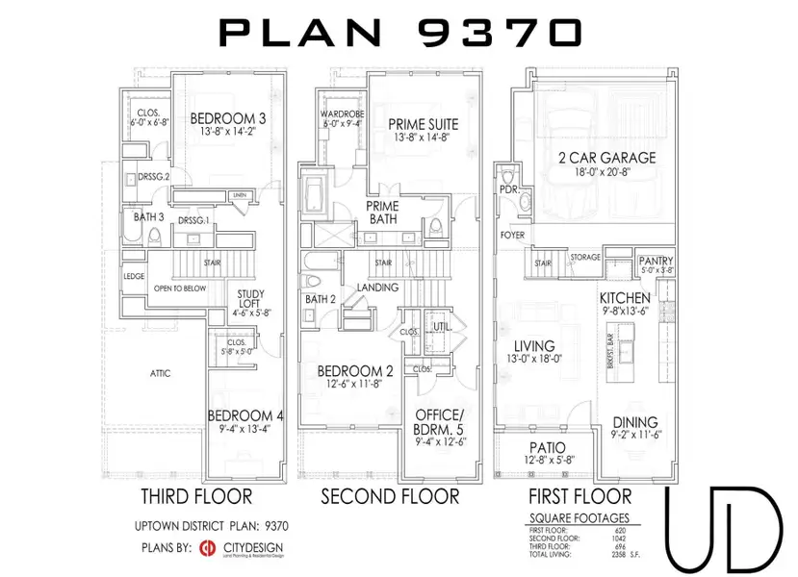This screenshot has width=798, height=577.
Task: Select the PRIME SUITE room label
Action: point(423,125)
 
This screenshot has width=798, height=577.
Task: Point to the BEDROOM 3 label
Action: point(227,118)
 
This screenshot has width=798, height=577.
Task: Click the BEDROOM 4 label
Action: point(245,416)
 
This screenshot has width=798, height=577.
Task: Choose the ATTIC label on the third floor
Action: point(160,373)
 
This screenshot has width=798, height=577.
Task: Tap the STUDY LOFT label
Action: point(251,300)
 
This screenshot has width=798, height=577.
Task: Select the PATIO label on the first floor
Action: point(548,448)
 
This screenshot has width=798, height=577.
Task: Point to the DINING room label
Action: point(634,422)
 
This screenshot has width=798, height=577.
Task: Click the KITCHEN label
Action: point(625,298)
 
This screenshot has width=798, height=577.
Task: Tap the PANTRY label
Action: point(656,262)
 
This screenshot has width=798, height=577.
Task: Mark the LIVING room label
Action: point(533,346)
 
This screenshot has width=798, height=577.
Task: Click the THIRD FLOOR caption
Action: point(196,496)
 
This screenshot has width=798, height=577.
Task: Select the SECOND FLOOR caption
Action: point(390,496)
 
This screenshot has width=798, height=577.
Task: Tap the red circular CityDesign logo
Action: point(207,549)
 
